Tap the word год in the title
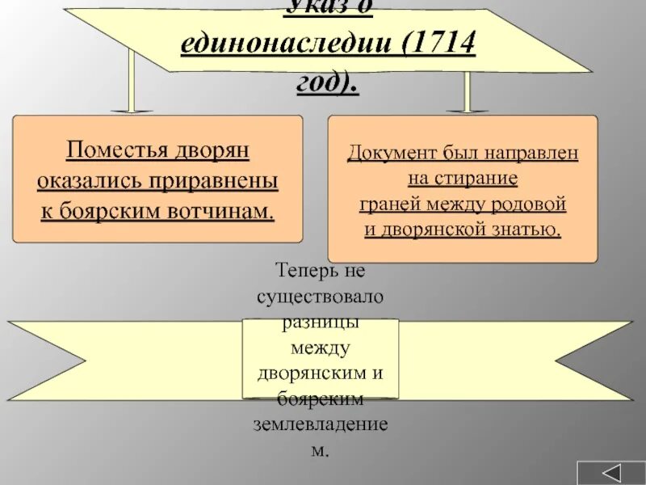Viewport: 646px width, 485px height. coord(317,81)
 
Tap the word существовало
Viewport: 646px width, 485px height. coord(321,295)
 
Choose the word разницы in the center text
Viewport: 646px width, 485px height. coord(321,322)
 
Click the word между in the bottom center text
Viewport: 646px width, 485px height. coord(321,348)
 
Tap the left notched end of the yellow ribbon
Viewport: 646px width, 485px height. coord(40,361)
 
